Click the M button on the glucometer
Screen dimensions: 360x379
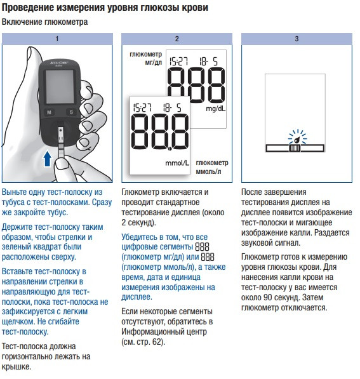[x=50, y=112]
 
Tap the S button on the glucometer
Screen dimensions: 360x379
[x=71, y=112]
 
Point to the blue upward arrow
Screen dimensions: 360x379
[x=47, y=159]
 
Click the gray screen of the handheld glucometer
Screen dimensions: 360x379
[x=60, y=87]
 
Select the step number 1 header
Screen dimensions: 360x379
[x=57, y=39]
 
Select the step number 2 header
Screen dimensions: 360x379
[x=177, y=39]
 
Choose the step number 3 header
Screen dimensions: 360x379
[x=297, y=39]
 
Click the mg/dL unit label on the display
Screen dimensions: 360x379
[x=215, y=109]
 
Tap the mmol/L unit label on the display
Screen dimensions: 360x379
[x=177, y=163]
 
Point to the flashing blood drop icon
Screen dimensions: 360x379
[x=297, y=140]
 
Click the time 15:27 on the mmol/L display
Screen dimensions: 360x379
[x=142, y=107]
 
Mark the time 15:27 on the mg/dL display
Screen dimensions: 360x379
[x=178, y=61]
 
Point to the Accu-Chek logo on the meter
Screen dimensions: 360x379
[x=59, y=63]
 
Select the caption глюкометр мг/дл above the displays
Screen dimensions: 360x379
[x=146, y=58]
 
